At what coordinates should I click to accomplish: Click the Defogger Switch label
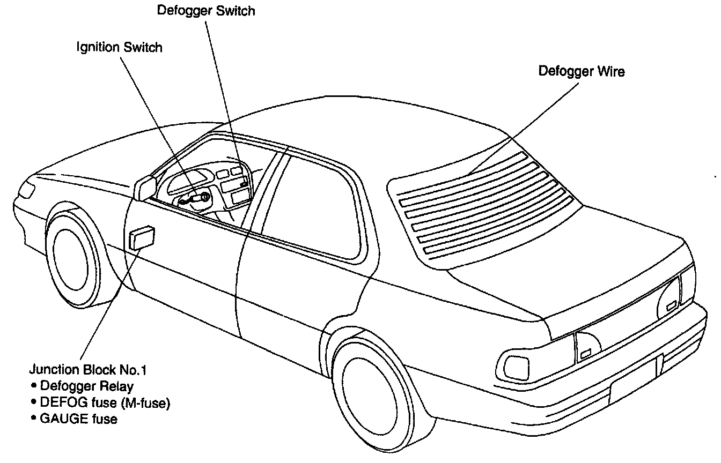coord(205,11)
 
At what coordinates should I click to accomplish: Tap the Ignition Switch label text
coord(119,47)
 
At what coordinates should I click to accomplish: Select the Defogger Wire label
coord(582,71)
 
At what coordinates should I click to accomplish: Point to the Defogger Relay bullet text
coord(86,386)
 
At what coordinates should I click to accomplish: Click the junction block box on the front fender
coord(142,237)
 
